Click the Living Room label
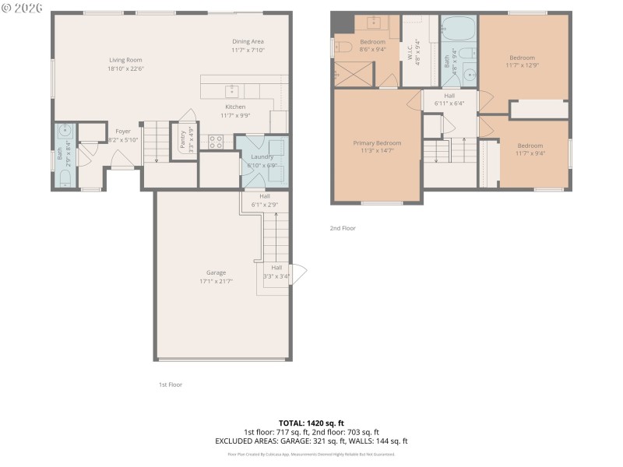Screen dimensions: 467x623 126,59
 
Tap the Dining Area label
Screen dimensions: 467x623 248,41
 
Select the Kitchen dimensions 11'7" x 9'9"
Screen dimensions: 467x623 235,116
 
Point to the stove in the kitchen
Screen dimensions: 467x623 216,142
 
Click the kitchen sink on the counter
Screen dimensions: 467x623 231,90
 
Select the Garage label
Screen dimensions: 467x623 216,272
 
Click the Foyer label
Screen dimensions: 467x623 123,132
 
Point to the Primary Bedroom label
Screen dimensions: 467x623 377,143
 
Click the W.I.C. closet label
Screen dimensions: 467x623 410,52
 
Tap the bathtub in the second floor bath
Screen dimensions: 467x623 459,30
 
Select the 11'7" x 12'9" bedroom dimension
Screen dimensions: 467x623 522,66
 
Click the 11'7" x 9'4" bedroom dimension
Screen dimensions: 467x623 530,154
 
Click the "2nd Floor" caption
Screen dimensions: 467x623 342,229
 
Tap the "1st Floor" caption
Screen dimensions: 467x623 171,384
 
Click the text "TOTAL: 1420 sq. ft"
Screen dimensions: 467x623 311,423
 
